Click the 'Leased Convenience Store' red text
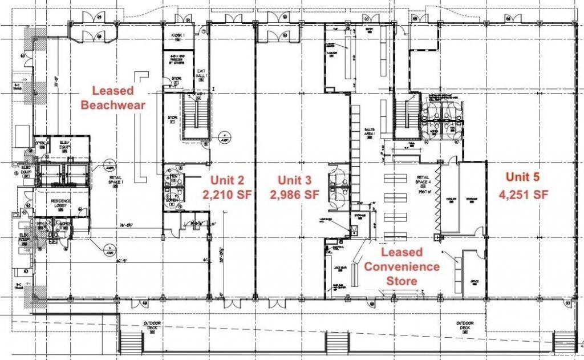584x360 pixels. [x=401, y=266]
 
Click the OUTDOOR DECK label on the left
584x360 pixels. [x=153, y=325]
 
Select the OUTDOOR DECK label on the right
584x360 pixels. [x=463, y=325]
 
